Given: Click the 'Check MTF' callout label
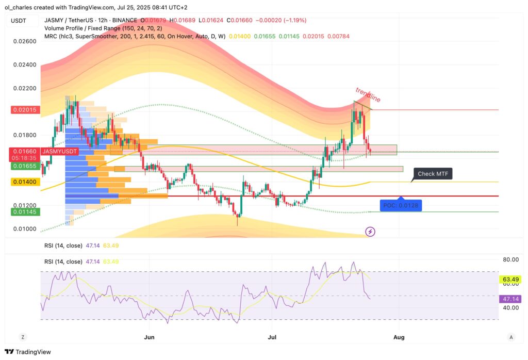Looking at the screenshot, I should (433, 174).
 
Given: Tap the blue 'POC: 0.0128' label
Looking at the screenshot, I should (400, 205).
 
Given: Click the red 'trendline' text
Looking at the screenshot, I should (368, 95).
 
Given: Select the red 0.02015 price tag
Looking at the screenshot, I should (25, 110).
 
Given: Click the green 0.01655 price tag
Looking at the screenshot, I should (25, 166).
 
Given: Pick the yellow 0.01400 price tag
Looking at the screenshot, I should (25, 182).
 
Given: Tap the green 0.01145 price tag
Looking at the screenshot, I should (25, 212).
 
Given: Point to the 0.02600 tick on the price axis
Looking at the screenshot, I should (25, 41).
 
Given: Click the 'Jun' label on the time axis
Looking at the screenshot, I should (150, 337).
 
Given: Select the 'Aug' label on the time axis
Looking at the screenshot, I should (399, 337).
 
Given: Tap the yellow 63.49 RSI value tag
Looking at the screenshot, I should (510, 280).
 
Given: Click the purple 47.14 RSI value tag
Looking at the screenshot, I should (510, 299).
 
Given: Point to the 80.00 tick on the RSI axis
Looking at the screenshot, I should (510, 259).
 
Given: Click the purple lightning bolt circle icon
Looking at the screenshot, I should (370, 232).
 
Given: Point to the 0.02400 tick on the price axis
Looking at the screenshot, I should (25, 65).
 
